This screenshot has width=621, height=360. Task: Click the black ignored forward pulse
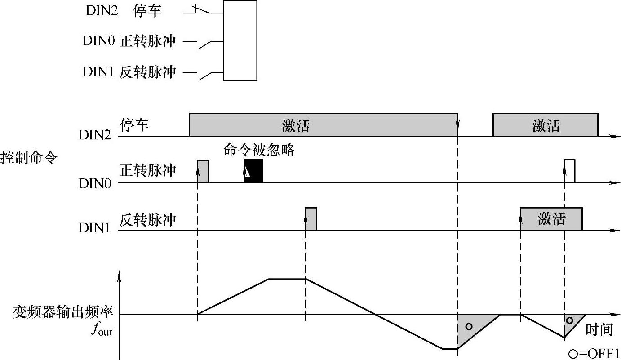253,171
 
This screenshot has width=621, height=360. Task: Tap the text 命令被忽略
258,150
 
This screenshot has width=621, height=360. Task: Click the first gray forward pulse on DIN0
203,171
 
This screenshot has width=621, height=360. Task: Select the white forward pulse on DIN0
570,171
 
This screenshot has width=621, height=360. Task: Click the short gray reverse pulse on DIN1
311,219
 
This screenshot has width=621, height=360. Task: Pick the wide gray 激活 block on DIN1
551,219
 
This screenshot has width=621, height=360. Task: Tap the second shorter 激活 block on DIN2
545,125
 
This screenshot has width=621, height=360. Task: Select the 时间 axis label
599,330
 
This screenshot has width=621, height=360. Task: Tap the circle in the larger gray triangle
469,326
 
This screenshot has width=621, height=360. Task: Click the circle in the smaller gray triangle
570,320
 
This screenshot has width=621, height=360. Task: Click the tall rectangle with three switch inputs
240,40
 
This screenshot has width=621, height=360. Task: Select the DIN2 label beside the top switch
102,11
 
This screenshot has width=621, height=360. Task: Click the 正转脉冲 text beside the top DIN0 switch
147,41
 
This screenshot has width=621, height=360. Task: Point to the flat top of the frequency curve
287,279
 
